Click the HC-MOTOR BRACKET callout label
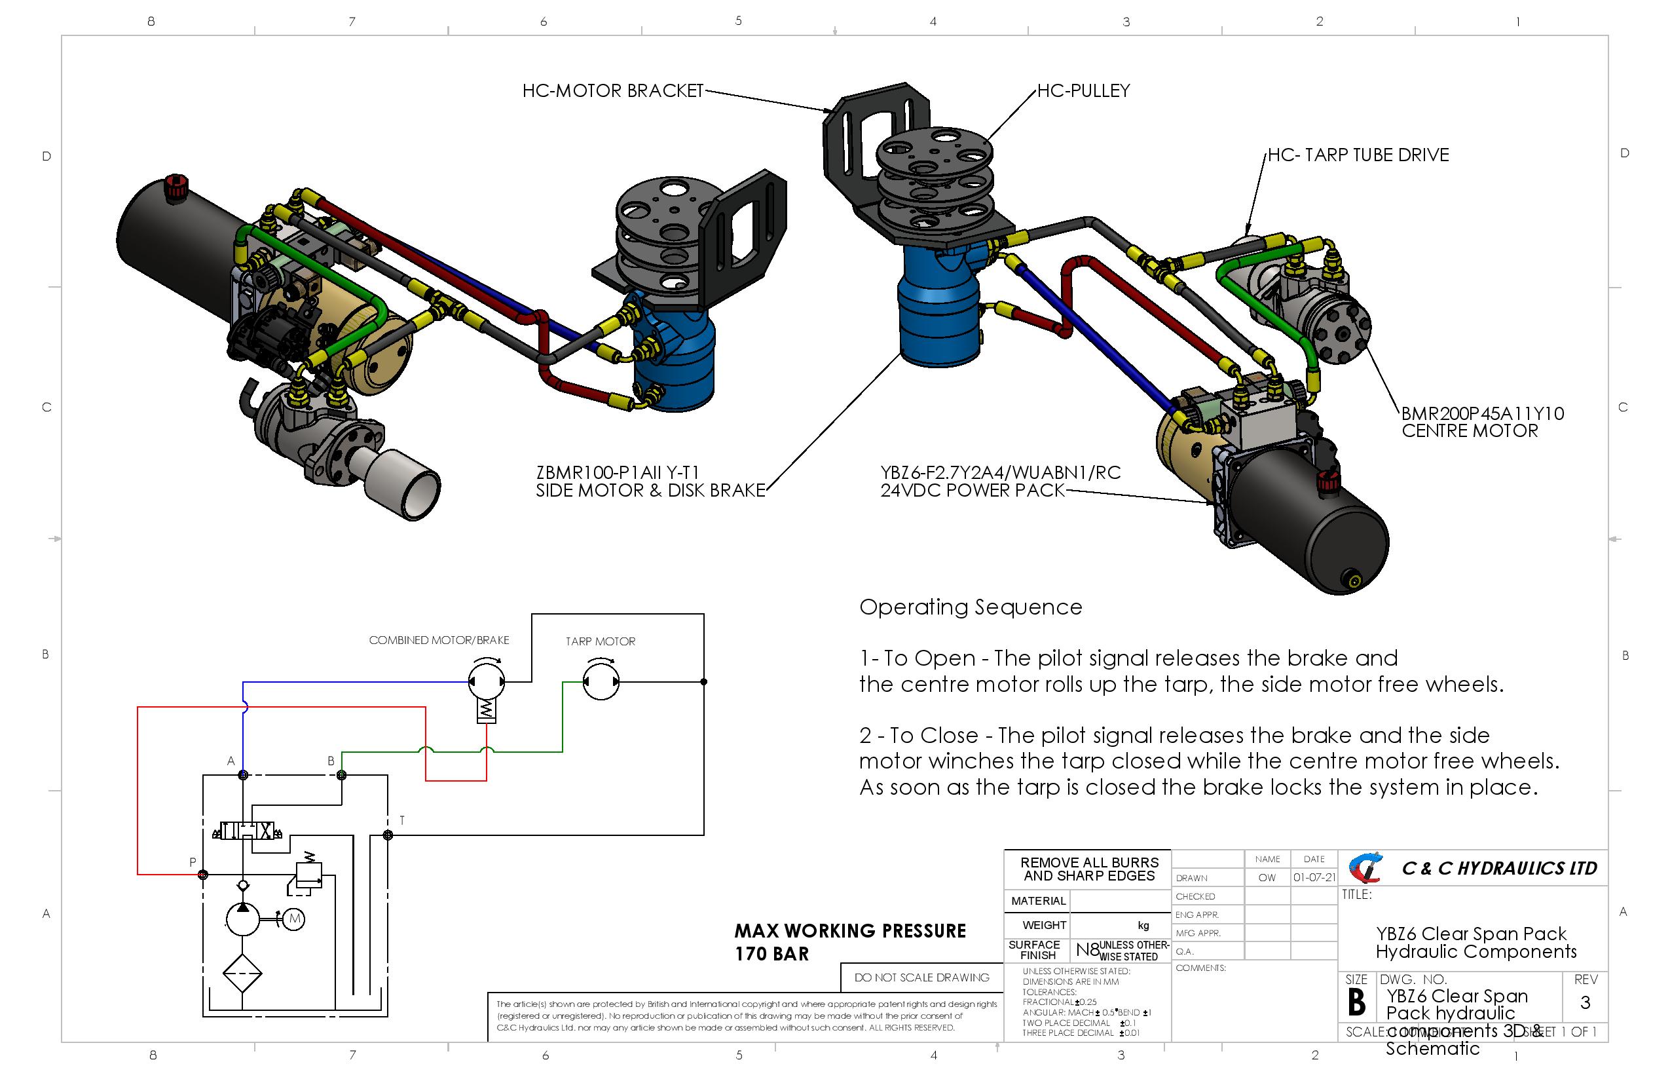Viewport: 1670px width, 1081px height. click(x=612, y=91)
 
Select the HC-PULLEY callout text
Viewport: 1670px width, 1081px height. click(x=1083, y=91)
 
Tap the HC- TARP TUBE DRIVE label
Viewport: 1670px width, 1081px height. click(x=1358, y=155)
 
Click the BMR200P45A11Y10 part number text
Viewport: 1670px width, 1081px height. click(x=1482, y=413)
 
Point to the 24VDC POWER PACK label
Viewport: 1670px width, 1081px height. click(x=972, y=491)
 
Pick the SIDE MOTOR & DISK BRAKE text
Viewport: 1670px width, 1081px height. click(x=650, y=491)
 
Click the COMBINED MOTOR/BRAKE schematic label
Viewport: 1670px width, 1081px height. click(x=439, y=640)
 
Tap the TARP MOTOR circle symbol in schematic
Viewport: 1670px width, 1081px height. click(x=601, y=681)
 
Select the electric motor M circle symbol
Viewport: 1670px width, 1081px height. click(x=294, y=919)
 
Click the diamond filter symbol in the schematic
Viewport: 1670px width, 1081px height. click(x=243, y=974)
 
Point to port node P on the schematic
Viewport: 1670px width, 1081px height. click(x=203, y=875)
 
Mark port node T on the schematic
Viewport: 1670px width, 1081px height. click(x=388, y=835)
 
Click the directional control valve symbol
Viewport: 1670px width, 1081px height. click(x=246, y=832)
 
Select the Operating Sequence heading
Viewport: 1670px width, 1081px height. click(x=971, y=607)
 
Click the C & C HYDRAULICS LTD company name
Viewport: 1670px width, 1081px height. click(x=1499, y=869)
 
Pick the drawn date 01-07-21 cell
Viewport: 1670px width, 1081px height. click(x=1314, y=878)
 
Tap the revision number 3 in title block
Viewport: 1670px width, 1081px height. click(x=1585, y=1003)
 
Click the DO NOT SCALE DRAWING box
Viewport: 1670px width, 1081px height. click(x=921, y=977)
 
